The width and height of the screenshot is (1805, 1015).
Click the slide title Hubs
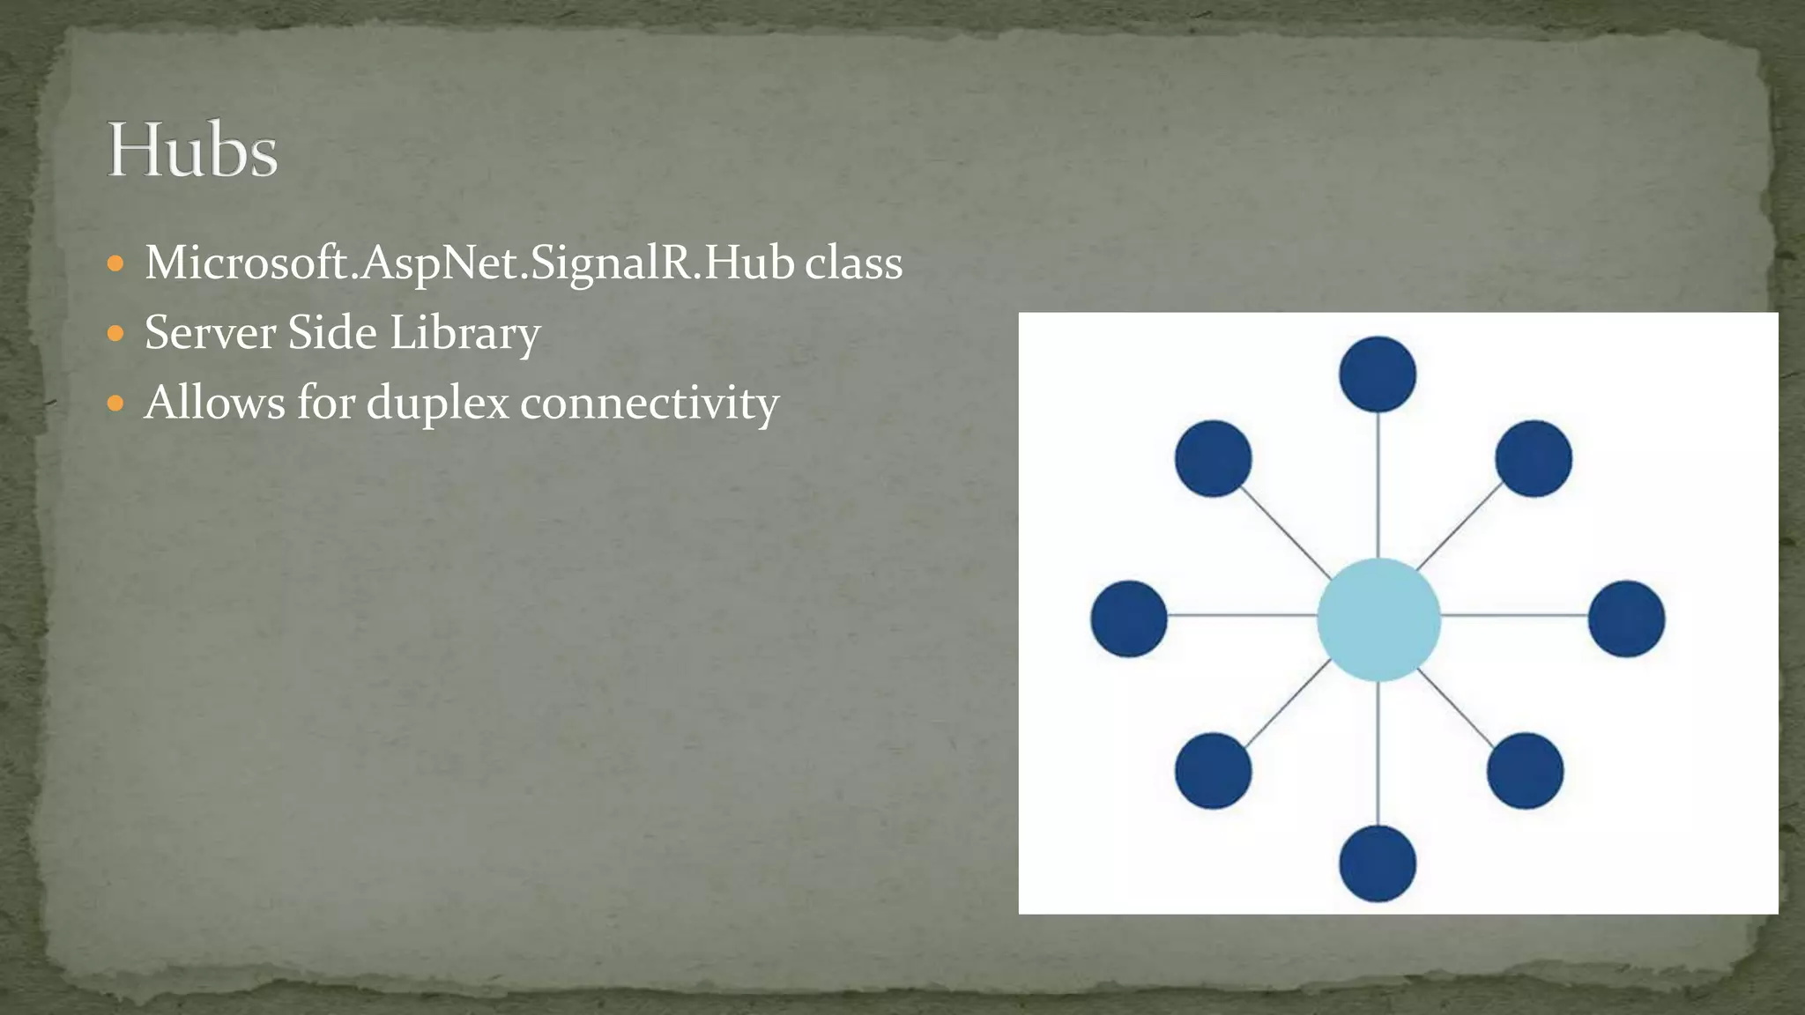pos(192,151)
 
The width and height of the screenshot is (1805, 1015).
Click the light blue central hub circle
pos(1378,619)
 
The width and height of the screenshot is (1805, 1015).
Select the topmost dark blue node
pos(1378,374)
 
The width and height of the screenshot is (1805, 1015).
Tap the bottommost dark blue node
pos(1378,863)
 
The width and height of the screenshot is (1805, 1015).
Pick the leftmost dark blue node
pos(1129,619)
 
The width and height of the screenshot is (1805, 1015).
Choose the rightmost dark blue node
pos(1626,619)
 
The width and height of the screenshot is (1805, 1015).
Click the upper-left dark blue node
pos(1214,458)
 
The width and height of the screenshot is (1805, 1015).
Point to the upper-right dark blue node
pos(1534,458)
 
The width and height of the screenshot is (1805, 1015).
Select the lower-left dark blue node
pos(1214,771)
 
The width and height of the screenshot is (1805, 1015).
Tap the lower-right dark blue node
pos(1525,771)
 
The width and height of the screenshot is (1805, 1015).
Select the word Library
pos(465,333)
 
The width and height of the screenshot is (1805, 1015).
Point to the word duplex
pos(437,404)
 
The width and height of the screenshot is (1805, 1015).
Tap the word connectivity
pos(650,404)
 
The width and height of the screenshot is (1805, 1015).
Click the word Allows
pos(214,403)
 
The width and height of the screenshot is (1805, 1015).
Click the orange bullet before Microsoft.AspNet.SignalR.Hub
pos(115,263)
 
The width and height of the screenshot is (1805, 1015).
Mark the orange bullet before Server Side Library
pos(115,334)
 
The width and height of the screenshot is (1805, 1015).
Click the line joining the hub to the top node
pos(1378,485)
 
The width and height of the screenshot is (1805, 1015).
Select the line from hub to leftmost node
pos(1243,615)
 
